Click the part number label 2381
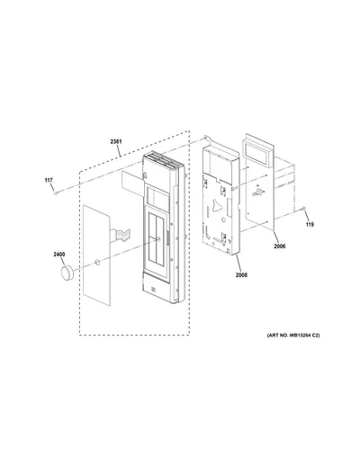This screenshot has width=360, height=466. pos(116,141)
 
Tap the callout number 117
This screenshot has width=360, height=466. pos(49,180)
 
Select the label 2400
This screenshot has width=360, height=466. pos(59,255)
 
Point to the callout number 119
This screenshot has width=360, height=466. pos(310,224)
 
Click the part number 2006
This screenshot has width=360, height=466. pos(280,246)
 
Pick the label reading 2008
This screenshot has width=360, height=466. pos(241,274)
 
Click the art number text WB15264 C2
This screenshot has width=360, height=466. pos(303,336)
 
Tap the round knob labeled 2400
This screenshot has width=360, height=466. pos(67,273)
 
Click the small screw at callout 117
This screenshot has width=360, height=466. pos(56,193)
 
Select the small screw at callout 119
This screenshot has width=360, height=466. pos(303,208)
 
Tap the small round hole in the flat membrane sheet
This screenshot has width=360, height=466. pos(97,262)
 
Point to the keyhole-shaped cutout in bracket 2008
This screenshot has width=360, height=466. pos(216,206)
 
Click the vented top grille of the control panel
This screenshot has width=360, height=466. pos(162,161)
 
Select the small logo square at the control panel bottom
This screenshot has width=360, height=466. pos(153,290)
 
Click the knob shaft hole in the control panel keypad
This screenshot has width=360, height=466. pos(158,238)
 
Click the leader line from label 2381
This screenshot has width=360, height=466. pos(119,151)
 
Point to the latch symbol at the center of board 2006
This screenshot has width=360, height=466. pos(257,191)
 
